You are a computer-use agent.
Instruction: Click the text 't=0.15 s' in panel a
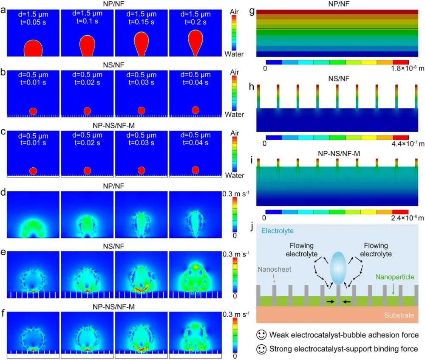coord(142,22)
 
